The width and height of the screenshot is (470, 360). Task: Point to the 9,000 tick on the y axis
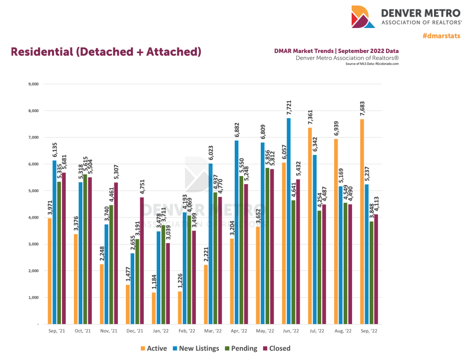(33, 84)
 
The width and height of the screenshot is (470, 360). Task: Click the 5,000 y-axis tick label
(33, 191)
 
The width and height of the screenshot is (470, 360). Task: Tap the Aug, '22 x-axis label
(342, 331)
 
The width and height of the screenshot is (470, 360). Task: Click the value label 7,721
(289, 107)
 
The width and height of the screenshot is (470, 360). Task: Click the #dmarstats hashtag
(441, 36)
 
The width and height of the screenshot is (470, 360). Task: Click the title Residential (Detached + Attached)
(106, 52)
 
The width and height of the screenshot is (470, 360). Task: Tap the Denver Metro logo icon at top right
(363, 16)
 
